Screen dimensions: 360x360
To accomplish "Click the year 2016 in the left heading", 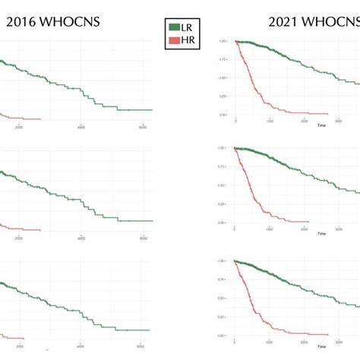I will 22,22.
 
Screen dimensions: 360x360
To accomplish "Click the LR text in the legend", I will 187,27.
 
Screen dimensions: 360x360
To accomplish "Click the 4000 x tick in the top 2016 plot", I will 81,128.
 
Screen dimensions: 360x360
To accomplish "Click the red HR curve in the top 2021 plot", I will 255,84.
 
